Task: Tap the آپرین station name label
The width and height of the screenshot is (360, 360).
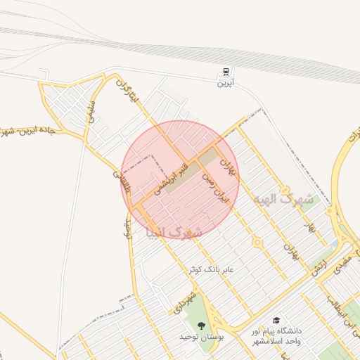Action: tap(224, 84)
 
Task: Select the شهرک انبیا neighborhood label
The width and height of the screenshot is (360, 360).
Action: tap(174, 231)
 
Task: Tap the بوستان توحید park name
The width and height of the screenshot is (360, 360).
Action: tap(201, 337)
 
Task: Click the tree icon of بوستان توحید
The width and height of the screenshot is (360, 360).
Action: tap(202, 325)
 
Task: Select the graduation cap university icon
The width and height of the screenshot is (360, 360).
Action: tap(276, 319)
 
